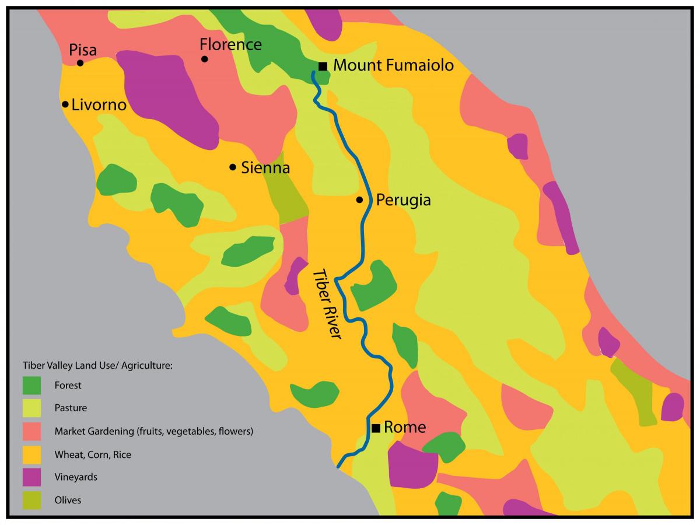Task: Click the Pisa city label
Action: [83, 49]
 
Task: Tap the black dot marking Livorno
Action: [65, 104]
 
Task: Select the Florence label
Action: [230, 44]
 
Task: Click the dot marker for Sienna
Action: [233, 167]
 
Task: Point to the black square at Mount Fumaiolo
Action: [323, 66]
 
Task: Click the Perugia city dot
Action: [360, 200]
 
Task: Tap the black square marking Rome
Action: [376, 428]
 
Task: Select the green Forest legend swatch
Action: [32, 385]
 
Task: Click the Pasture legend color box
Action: [32, 408]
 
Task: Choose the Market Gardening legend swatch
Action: [32, 432]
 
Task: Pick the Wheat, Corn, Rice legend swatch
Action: [32, 454]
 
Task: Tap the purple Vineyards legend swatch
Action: [32, 477]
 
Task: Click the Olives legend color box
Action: [32, 500]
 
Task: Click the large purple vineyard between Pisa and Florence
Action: [166, 96]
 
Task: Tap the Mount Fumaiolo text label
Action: [393, 65]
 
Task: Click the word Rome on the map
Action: [405, 427]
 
